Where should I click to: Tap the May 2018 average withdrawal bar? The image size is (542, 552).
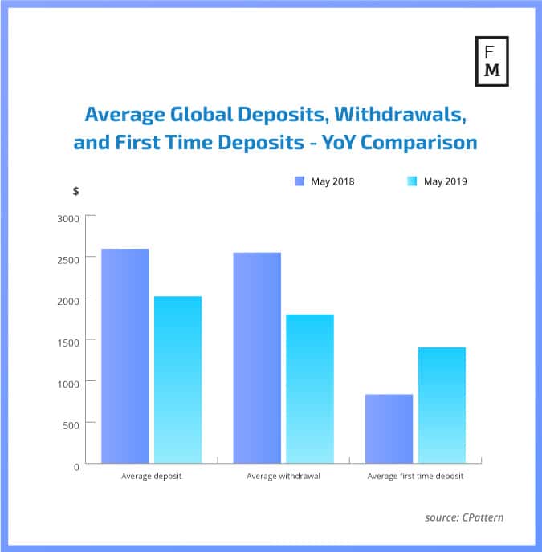257,358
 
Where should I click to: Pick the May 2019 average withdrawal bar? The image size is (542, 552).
310,388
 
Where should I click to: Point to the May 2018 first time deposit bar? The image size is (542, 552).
389,428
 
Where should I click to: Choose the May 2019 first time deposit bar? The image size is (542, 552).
442,405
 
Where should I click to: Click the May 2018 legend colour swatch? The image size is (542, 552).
300,181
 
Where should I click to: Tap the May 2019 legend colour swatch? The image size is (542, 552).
412,181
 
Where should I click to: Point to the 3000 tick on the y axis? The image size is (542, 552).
68,217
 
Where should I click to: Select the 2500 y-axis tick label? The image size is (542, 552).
68,258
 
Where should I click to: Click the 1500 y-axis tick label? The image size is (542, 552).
68,342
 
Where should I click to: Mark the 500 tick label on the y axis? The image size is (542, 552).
71,424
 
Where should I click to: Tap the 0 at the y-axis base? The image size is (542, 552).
76,465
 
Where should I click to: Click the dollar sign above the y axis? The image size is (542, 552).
75,191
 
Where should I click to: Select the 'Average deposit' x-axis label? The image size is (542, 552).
152,477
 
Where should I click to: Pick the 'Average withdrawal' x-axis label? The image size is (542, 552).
283,477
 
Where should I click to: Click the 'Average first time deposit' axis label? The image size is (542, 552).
415,477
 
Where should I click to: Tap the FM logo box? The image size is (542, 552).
492,60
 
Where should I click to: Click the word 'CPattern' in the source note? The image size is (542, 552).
483,517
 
